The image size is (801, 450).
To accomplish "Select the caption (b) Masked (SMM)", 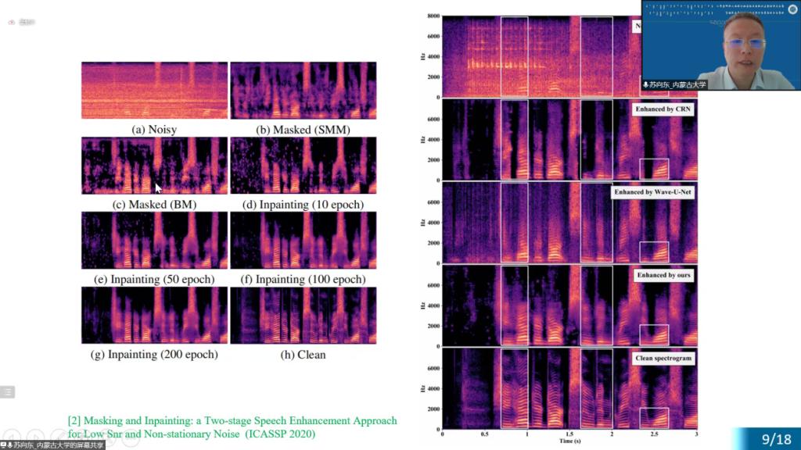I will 302,130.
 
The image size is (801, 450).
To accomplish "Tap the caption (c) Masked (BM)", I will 154,205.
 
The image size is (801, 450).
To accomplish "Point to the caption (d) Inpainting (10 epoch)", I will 302,205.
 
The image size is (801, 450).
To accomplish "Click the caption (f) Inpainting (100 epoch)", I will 302,279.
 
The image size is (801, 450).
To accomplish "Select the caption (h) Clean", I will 302,354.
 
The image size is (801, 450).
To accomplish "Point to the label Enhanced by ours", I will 663,276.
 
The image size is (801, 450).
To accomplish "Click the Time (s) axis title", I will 569,441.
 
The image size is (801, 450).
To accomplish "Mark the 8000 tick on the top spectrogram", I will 433,16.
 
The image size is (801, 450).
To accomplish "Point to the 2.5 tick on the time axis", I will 654,434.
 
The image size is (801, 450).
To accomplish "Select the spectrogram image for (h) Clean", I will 303,316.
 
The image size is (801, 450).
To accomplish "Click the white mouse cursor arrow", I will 158,187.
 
